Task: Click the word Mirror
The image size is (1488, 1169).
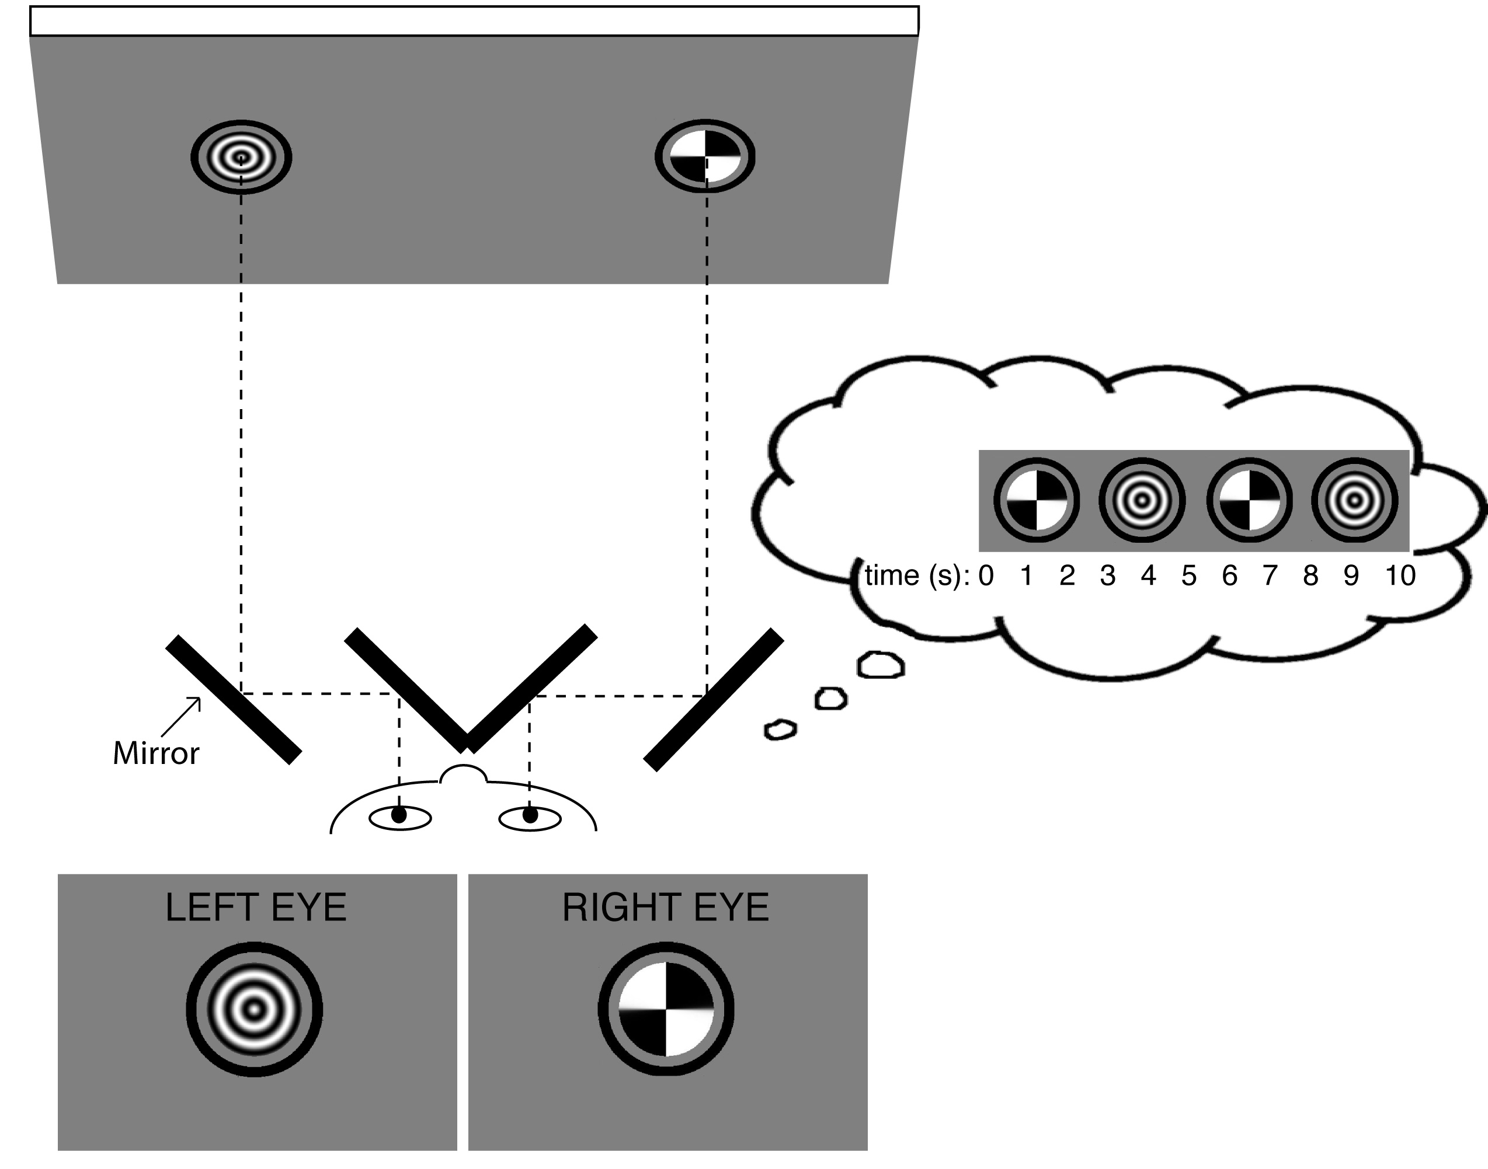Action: pos(156,753)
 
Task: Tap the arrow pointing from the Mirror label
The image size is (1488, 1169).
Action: pos(182,717)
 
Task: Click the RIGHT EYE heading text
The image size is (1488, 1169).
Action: pos(666,908)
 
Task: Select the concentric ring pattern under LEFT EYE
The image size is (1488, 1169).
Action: pos(254,1010)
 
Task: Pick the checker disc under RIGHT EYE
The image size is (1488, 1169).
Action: pos(666,1010)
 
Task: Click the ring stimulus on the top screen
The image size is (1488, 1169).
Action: pos(241,158)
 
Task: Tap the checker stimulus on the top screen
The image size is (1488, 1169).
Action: pos(705,157)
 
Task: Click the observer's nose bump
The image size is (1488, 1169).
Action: pos(464,774)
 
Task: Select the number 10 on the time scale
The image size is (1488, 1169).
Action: pos(1400,575)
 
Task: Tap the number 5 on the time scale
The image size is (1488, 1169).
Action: pos(1189,575)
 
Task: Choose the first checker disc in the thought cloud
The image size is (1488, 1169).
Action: pos(1036,500)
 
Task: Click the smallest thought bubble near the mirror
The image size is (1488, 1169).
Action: pos(780,729)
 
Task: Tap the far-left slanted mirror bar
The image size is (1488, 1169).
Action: pos(234,699)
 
